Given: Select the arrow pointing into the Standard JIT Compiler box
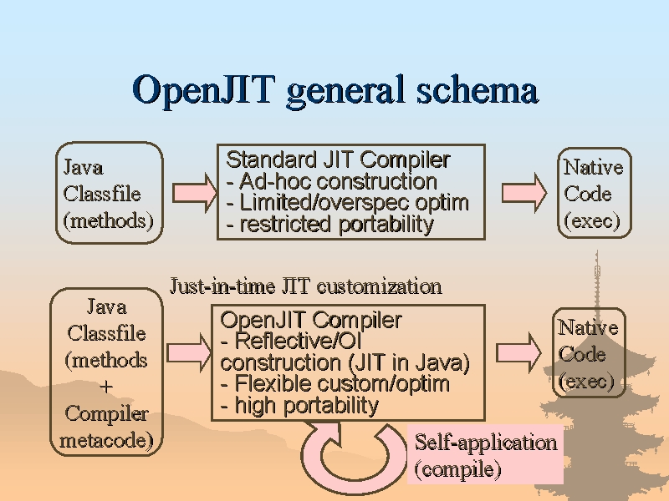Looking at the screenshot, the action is tap(195, 193).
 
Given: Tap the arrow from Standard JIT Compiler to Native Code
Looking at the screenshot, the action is tap(524, 193).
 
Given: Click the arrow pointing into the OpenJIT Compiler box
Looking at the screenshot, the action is tap(189, 353).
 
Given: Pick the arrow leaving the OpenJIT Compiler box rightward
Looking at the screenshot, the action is tap(518, 353).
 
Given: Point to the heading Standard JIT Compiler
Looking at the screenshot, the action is tap(338, 159).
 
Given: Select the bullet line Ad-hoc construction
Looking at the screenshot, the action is tap(331, 181).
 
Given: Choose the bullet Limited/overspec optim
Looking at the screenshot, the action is tap(347, 203).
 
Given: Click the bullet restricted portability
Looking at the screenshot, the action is tap(329, 224).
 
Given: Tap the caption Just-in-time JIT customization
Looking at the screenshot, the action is tap(306, 286).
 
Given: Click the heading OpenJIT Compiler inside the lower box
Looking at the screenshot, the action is tap(311, 320).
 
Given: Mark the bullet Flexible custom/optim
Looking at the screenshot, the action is tap(335, 383).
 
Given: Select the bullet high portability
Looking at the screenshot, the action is tap(299, 405).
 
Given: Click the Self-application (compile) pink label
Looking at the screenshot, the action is tap(485, 454).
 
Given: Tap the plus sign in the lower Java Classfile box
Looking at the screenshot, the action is tap(106, 387).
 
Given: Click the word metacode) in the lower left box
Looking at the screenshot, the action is tap(106, 440).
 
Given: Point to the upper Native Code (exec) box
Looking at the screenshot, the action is tap(595, 193).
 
